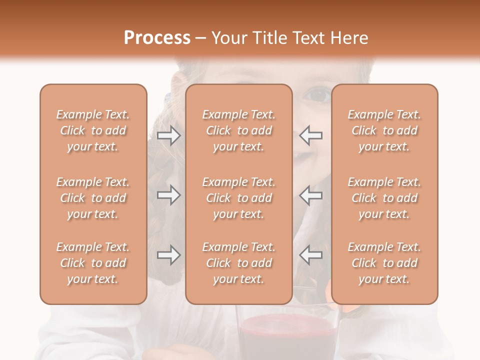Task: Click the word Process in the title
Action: point(157,38)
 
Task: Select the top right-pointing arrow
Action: point(168,135)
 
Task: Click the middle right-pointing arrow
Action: point(168,195)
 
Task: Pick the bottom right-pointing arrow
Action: point(168,255)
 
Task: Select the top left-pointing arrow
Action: point(310,135)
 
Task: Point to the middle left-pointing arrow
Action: point(310,195)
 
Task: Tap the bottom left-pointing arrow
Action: point(310,255)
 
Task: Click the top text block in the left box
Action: point(93,130)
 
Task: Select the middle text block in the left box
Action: point(93,198)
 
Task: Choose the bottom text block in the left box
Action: point(93,263)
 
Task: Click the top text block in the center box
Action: point(239,130)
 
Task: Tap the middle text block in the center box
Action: point(239,198)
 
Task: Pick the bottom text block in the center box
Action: point(239,263)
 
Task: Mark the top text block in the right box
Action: point(384,130)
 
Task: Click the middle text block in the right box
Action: point(384,198)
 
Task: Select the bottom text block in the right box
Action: point(384,263)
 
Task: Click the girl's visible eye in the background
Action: point(317,93)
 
